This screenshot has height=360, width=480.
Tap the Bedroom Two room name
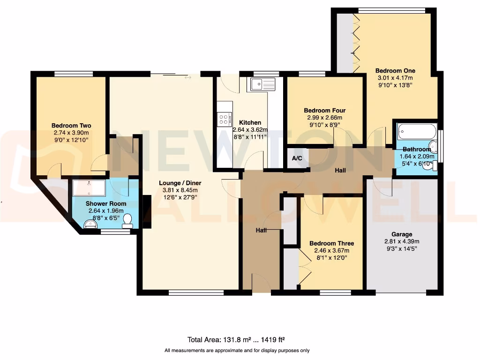pyautogui.click(x=71, y=126)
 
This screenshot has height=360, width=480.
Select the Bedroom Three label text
pyautogui.click(x=331, y=243)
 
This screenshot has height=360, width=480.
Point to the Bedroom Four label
pyautogui.click(x=324, y=111)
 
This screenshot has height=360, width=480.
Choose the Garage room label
pyautogui.click(x=402, y=234)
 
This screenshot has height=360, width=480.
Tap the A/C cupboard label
pyautogui.click(x=297, y=158)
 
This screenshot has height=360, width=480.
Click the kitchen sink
pyautogui.click(x=262, y=84)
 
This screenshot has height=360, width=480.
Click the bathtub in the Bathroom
pyautogui.click(x=417, y=131)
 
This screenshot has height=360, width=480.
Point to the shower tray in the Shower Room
pyautogui.click(x=90, y=188)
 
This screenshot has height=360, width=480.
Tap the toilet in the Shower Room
pyautogui.click(x=127, y=221)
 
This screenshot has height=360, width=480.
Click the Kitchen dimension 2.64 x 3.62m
pyautogui.click(x=250, y=130)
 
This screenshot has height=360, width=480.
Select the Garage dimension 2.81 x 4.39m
pyautogui.click(x=402, y=241)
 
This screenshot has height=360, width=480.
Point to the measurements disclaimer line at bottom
pyautogui.click(x=237, y=351)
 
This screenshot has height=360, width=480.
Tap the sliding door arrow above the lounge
pyautogui.click(x=188, y=77)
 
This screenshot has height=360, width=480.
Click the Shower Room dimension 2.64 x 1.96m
pyautogui.click(x=106, y=211)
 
